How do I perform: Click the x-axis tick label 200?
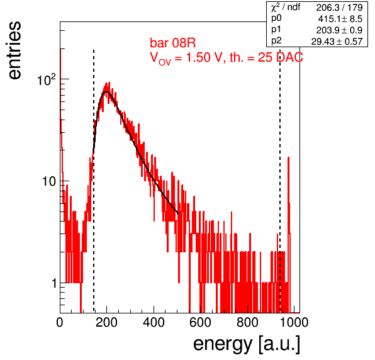click(106, 322)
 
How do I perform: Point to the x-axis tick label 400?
click(154, 322)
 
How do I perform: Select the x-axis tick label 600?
click(200, 322)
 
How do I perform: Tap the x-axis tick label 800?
click(247, 322)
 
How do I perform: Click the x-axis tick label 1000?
click(294, 322)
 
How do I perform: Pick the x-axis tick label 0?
click(60, 322)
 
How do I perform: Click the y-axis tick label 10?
click(49, 181)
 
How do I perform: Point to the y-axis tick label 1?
click(54, 283)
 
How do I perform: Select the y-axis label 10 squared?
click(47, 79)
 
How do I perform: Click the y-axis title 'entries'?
click(15, 50)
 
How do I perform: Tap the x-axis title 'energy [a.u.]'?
click(247, 345)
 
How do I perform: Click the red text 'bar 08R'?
click(172, 43)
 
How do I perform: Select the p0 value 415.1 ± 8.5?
click(340, 19)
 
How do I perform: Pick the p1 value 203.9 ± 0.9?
click(339, 30)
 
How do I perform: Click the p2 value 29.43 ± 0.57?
click(337, 42)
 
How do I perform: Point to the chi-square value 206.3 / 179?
click(339, 8)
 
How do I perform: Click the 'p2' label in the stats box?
click(276, 41)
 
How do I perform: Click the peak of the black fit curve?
click(106, 92)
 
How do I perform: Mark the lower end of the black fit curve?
click(178, 214)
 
